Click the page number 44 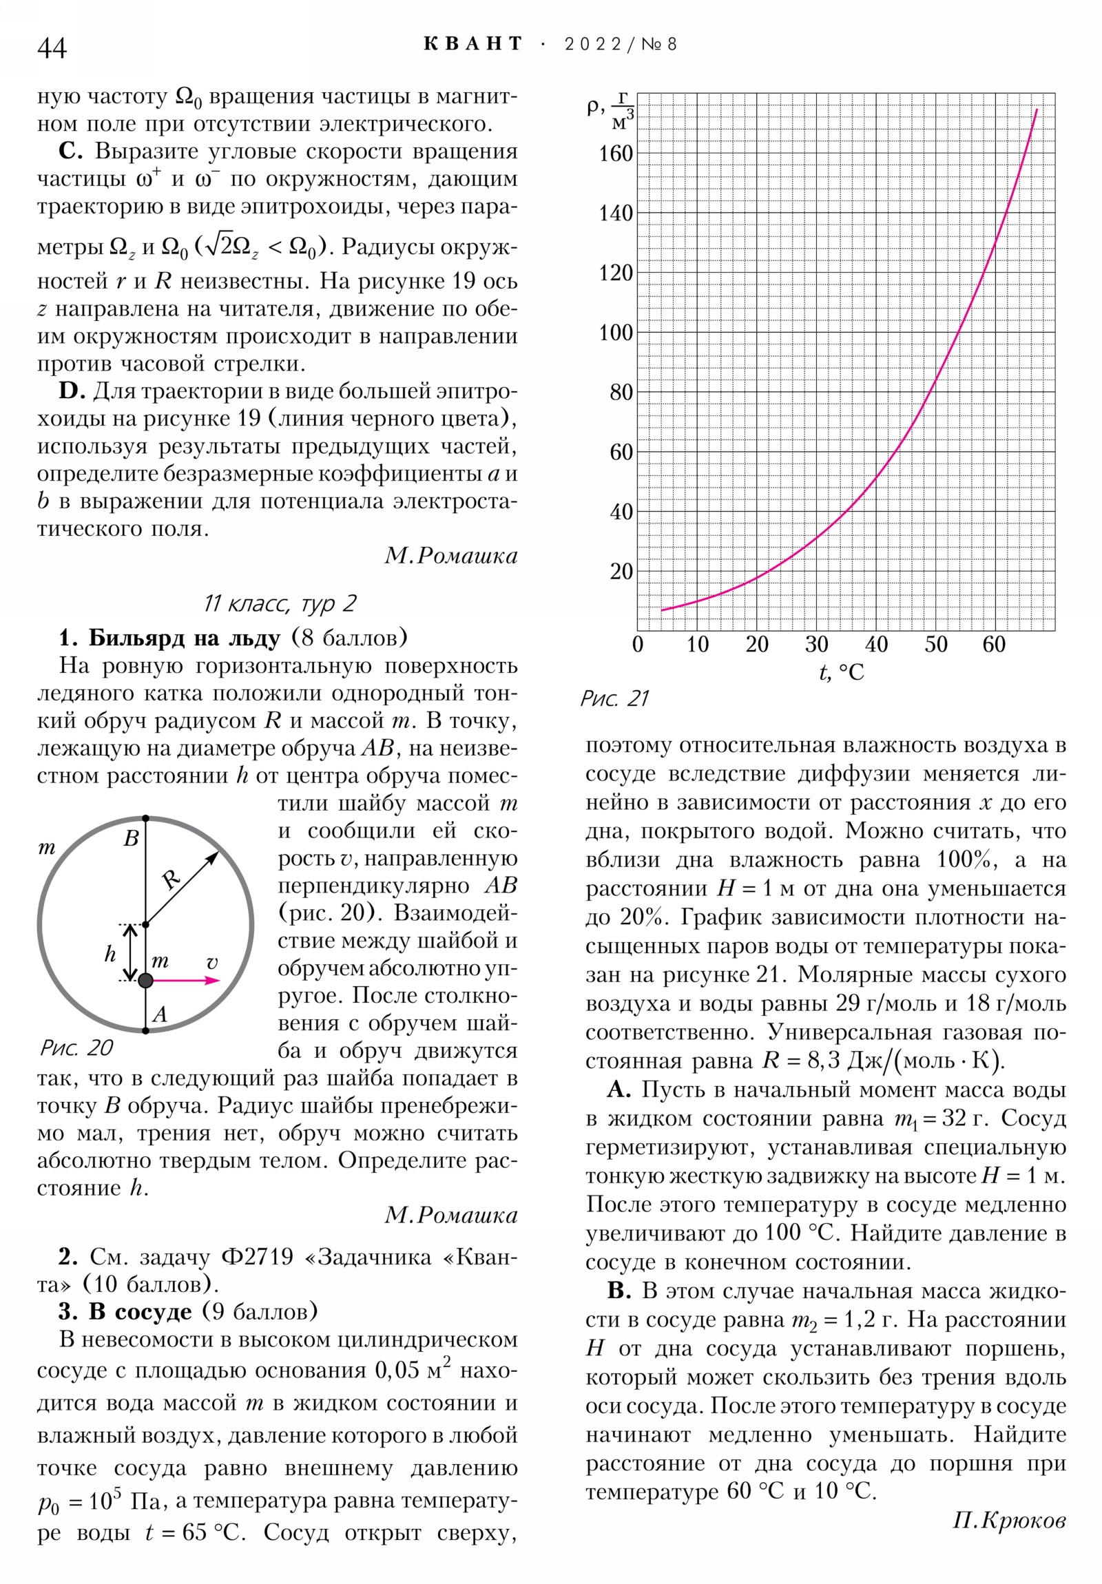pos(52,48)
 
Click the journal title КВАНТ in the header pos(472,44)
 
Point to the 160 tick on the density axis pos(616,154)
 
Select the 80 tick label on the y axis pos(621,393)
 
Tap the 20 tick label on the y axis pos(621,571)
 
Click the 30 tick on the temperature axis pos(816,645)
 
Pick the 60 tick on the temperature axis pos(995,645)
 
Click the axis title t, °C pos(841,672)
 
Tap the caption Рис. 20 pos(76,1048)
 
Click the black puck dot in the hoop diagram pos(145,980)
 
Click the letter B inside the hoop pos(131,839)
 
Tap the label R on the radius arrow pos(170,879)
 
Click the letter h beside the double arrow pos(110,954)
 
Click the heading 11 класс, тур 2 pos(280,604)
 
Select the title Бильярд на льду pos(185,638)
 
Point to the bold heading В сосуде pos(141,1311)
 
